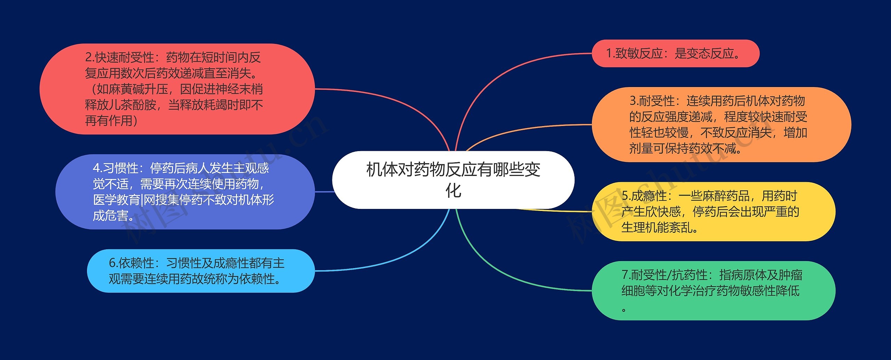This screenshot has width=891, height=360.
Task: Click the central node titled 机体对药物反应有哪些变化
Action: [453, 180]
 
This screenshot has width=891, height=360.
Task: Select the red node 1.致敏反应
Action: [675, 54]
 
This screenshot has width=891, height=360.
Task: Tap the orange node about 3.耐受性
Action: [721, 125]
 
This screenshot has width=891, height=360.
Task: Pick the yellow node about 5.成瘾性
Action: [713, 211]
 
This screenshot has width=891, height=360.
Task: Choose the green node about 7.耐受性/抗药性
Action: [713, 290]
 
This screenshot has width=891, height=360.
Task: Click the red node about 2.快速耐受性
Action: [177, 89]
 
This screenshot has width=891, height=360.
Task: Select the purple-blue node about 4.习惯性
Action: [185, 192]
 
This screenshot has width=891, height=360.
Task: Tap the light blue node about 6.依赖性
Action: [200, 271]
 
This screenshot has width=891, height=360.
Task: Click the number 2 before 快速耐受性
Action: [88, 57]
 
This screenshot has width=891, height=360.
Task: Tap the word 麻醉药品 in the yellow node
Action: [726, 196]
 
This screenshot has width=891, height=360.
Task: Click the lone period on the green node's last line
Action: [624, 309]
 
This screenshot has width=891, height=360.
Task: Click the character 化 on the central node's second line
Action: [453, 190]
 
